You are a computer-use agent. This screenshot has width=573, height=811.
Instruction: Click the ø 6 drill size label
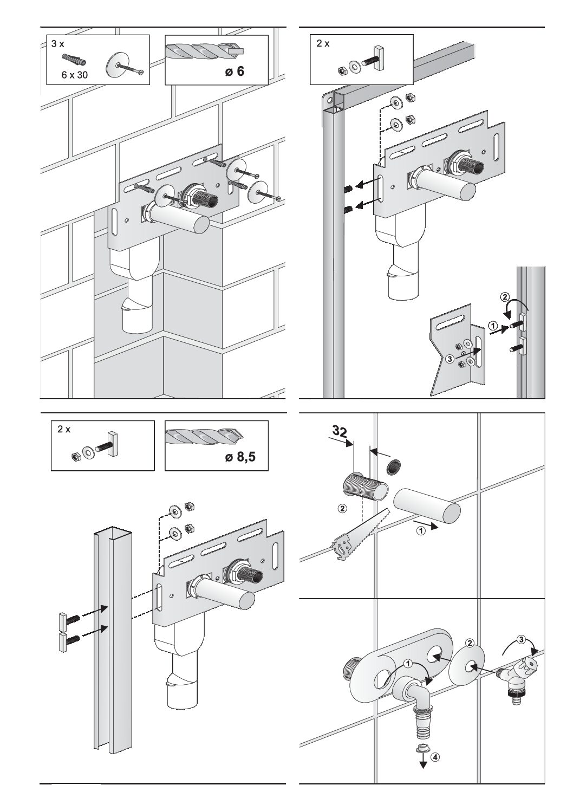[x=232, y=72]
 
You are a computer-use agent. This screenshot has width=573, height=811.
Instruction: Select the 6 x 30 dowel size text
[x=74, y=75]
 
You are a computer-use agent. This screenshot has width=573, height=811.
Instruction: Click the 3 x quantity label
[x=58, y=44]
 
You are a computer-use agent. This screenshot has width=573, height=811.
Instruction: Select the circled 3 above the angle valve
[x=521, y=640]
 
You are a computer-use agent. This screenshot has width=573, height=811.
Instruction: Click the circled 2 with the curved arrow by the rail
[x=504, y=297]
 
